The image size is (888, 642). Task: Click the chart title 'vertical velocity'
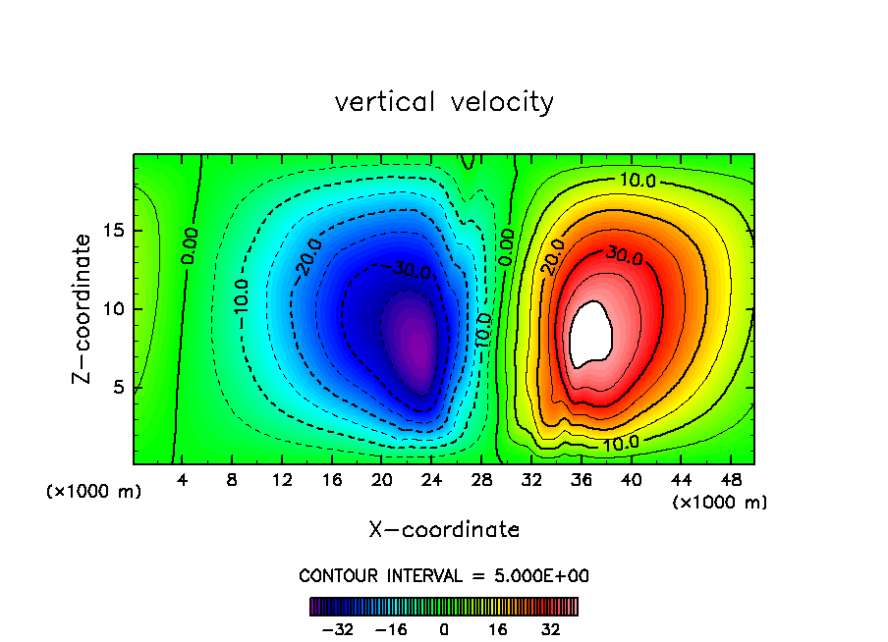point(444,102)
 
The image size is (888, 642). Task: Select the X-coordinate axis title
point(444,530)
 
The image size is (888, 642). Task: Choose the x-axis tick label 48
point(730,480)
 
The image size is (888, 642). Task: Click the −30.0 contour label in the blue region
point(410,270)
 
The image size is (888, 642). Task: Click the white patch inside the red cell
point(590,333)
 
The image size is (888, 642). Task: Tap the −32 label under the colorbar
point(337,630)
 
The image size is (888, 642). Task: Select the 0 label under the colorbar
point(444,630)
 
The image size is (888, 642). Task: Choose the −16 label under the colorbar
point(390,630)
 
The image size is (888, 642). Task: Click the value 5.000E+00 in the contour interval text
point(544,576)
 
